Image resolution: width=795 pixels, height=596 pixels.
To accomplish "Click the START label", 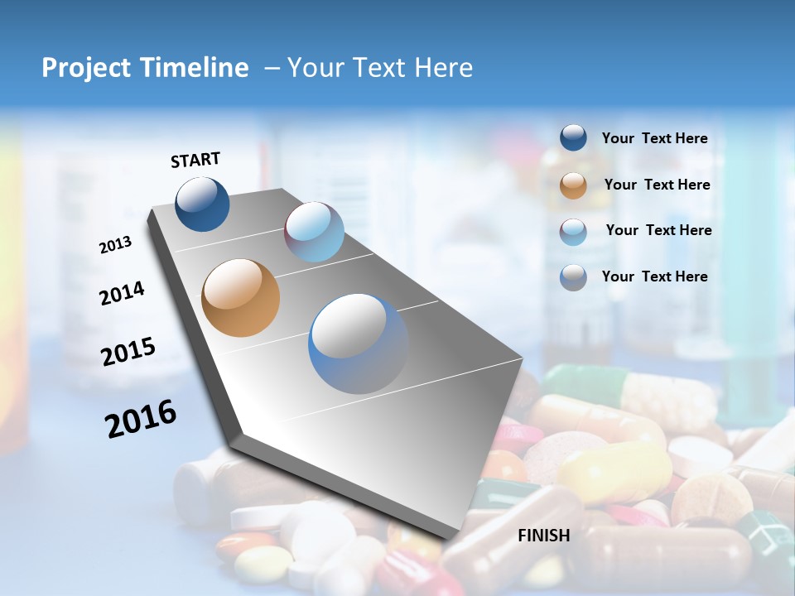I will point(195,159).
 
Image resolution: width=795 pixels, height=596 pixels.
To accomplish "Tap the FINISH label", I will point(544,536).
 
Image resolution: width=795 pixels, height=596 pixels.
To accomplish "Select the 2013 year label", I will point(115,245).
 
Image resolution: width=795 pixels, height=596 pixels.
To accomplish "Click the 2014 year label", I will point(122,293).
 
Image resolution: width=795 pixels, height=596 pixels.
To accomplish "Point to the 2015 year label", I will point(128,352).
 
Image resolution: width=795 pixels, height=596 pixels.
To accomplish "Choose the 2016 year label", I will point(141,419).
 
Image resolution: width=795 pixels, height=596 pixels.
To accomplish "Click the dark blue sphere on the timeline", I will point(203,204).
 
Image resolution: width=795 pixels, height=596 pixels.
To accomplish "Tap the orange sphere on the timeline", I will point(241,298).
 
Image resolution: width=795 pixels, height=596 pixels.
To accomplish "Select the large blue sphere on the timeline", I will point(359,344).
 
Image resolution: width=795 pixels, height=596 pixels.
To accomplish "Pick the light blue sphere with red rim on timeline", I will point(314,232).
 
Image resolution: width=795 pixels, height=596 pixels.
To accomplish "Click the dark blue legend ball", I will point(573,138).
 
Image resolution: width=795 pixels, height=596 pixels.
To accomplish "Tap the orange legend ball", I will point(573,185).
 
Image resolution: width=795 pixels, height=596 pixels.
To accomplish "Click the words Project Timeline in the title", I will point(145,68).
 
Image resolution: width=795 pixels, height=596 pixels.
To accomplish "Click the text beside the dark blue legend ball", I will point(654,139).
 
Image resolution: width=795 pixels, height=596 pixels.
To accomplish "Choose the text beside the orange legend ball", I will point(657,185).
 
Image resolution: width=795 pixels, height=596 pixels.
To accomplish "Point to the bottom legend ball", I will point(573,277).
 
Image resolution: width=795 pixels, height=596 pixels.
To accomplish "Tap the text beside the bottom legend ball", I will point(654,276).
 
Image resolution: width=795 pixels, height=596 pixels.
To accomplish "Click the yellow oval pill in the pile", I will point(614,472).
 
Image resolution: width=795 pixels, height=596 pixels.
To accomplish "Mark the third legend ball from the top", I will point(573,231).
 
